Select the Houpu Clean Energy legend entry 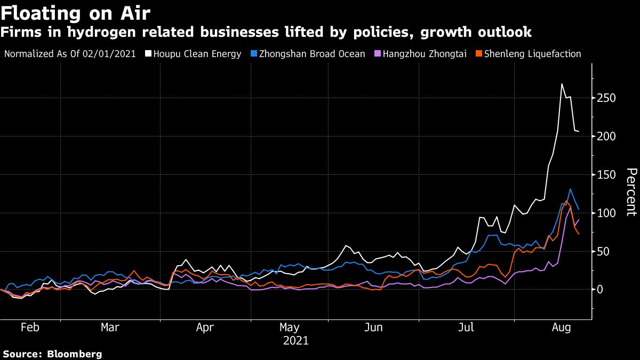(x=201, y=54)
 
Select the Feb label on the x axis (x=30, y=327)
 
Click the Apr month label (x=205, y=327)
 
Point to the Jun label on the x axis (x=373, y=327)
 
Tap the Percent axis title (x=631, y=192)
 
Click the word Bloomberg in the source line (x=74, y=354)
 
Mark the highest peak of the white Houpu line (x=562, y=84)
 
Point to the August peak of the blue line (x=570, y=189)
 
